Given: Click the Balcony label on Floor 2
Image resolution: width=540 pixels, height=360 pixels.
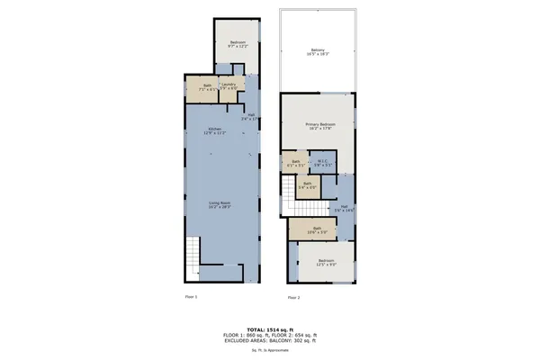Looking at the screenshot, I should click(318, 51).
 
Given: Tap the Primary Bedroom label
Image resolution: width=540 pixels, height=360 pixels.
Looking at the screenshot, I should click(319, 126).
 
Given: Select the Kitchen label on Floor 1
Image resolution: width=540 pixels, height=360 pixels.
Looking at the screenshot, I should click(215, 131).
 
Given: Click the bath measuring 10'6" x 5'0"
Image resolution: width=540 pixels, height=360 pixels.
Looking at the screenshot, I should click(317, 229).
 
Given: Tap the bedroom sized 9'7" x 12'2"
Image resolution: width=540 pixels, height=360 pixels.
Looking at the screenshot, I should click(237, 44).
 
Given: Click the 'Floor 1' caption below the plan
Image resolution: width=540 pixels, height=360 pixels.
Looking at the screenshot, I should click(191, 296).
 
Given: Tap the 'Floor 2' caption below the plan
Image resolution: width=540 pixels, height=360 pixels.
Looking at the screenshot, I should click(293, 297).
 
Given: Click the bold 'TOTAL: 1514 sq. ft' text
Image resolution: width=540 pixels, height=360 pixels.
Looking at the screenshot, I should click(270, 329).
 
